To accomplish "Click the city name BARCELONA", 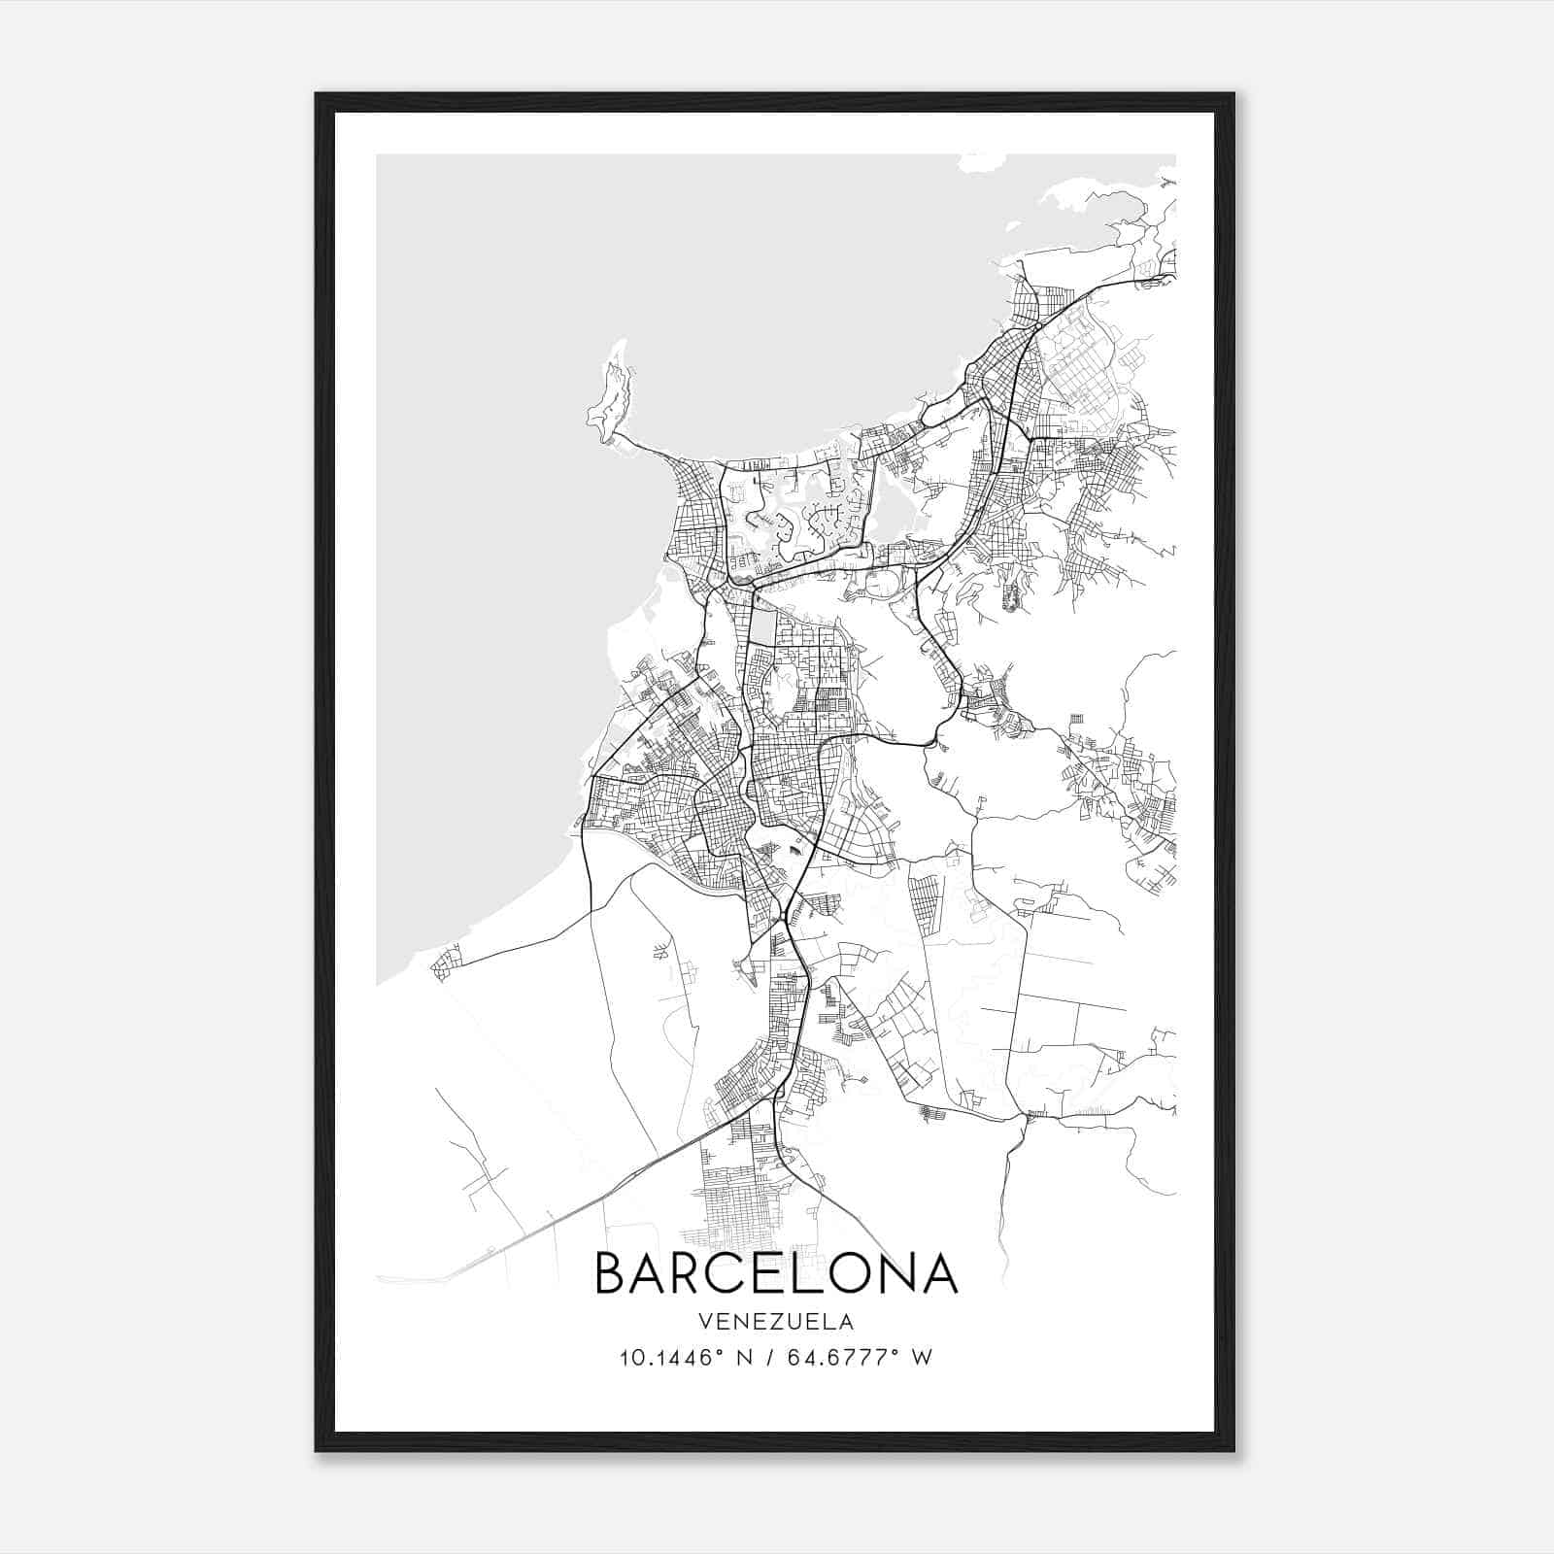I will [x=776, y=1273].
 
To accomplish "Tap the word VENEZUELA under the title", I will [x=776, y=1322].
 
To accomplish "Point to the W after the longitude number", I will [x=923, y=1358].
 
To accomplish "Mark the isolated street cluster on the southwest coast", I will [x=445, y=963].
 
